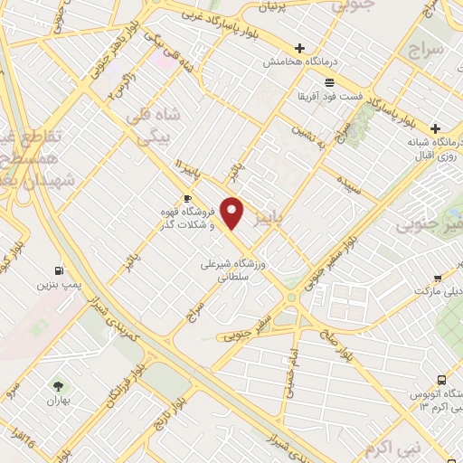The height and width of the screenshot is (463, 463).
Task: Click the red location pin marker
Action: (232, 212)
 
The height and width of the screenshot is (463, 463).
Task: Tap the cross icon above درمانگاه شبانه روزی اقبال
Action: (435, 128)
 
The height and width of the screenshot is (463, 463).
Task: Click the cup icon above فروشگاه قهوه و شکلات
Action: (187, 198)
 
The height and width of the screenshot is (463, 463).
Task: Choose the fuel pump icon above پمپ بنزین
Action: (59, 269)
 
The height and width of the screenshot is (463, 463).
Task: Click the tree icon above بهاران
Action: (60, 386)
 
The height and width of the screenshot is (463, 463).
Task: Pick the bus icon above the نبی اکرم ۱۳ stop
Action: (440, 380)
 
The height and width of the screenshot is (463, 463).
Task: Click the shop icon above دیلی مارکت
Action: (437, 279)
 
